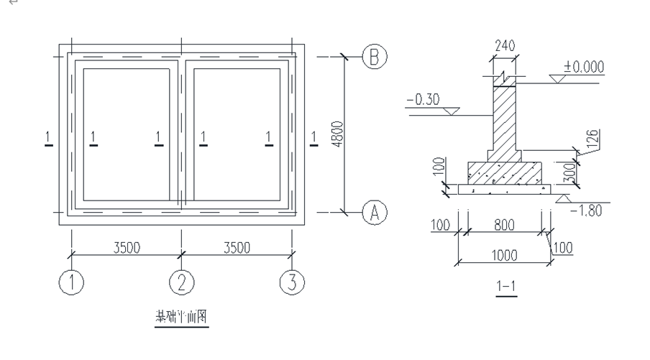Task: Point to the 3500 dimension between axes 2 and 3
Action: (x=236, y=247)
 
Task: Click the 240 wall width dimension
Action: (x=505, y=45)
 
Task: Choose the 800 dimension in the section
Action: (x=504, y=226)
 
